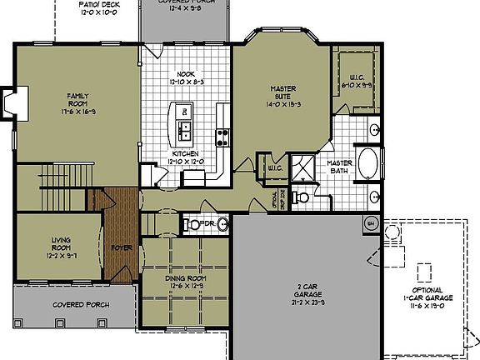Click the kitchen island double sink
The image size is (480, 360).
[x=182, y=128]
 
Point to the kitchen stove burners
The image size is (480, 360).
[x=222, y=137]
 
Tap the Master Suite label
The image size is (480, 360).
[x=283, y=96]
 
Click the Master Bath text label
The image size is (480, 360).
[x=339, y=167]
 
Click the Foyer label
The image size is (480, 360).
[x=122, y=247]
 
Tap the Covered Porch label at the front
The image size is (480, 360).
[x=77, y=305]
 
